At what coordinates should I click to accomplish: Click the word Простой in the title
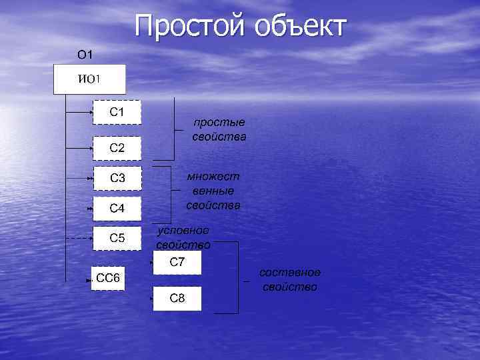pos(191,27)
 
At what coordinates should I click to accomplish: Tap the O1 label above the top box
pos(85,54)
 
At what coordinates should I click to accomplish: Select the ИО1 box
pos(89,80)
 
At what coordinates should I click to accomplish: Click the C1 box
pos(117,112)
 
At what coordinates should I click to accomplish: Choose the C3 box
pos(117,178)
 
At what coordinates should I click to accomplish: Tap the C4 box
pos(117,209)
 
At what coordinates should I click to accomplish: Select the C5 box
pos(117,237)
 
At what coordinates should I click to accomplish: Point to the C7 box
pos(177,263)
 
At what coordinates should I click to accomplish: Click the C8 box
pos(177,298)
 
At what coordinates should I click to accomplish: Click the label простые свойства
pos(219,130)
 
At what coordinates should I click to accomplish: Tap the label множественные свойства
pos(213,191)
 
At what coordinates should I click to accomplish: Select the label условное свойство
pos(183,237)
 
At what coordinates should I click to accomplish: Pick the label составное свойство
pos(290,280)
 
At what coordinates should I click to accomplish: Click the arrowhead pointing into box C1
pos(91,112)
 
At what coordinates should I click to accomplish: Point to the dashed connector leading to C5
pos(79,238)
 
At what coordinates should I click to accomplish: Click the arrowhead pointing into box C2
pos(91,148)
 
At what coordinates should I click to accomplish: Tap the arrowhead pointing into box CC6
pos(89,281)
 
